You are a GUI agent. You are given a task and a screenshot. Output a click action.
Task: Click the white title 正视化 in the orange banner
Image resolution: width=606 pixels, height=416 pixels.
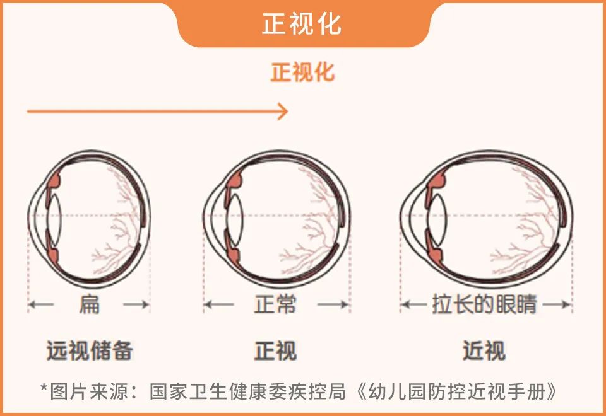tap(302, 25)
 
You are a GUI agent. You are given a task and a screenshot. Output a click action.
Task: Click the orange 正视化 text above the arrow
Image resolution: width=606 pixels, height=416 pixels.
tap(302, 72)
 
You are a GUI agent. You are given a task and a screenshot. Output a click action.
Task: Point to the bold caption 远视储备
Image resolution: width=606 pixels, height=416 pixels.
tap(90, 351)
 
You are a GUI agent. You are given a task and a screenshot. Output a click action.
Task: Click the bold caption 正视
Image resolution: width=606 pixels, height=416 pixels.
tap(275, 351)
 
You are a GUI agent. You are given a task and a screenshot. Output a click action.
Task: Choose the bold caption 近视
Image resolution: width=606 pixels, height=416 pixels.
tap(484, 351)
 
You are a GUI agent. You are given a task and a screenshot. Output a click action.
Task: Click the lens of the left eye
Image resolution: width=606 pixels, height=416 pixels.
tap(54, 217)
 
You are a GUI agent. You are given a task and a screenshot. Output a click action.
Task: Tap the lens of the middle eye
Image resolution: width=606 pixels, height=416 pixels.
tap(235, 217)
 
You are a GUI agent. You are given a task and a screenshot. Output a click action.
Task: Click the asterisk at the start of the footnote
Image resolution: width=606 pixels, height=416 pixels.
tap(44, 390)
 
